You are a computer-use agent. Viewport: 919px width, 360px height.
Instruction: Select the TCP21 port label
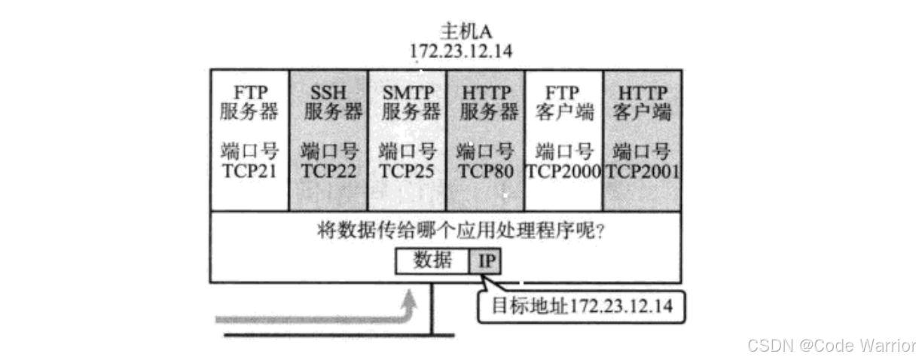click(249, 171)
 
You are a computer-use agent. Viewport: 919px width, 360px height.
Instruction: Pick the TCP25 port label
click(407, 171)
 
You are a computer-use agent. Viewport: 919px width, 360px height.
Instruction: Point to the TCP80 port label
click(485, 171)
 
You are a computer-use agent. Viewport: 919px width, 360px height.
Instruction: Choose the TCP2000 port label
click(563, 171)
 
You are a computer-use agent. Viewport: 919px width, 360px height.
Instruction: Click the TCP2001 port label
click(643, 171)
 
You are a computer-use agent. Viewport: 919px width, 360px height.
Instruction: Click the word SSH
click(328, 93)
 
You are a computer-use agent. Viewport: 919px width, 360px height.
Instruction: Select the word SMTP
click(408, 93)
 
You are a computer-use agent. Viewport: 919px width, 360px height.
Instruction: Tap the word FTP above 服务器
click(249, 93)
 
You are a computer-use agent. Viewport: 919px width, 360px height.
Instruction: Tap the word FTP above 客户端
click(563, 93)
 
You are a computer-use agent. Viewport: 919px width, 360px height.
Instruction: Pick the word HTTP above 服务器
click(485, 93)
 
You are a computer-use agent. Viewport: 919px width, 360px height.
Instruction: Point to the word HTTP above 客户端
click(643, 93)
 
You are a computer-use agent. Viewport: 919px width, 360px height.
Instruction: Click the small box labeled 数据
click(433, 261)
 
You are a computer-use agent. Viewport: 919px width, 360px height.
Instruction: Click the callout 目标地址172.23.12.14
click(582, 307)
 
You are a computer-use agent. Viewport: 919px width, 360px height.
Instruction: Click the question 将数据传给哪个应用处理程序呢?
click(460, 230)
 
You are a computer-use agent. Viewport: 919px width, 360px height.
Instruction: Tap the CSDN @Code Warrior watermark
click(832, 345)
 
